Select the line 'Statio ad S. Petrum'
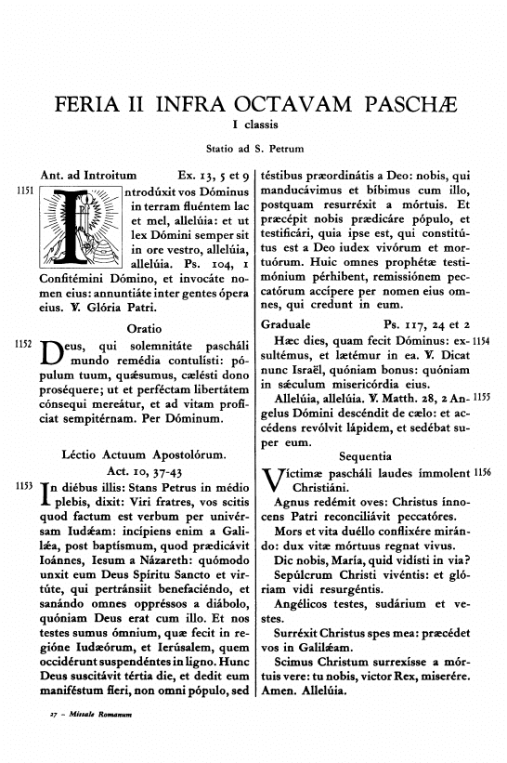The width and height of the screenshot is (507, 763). (x=253, y=150)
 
